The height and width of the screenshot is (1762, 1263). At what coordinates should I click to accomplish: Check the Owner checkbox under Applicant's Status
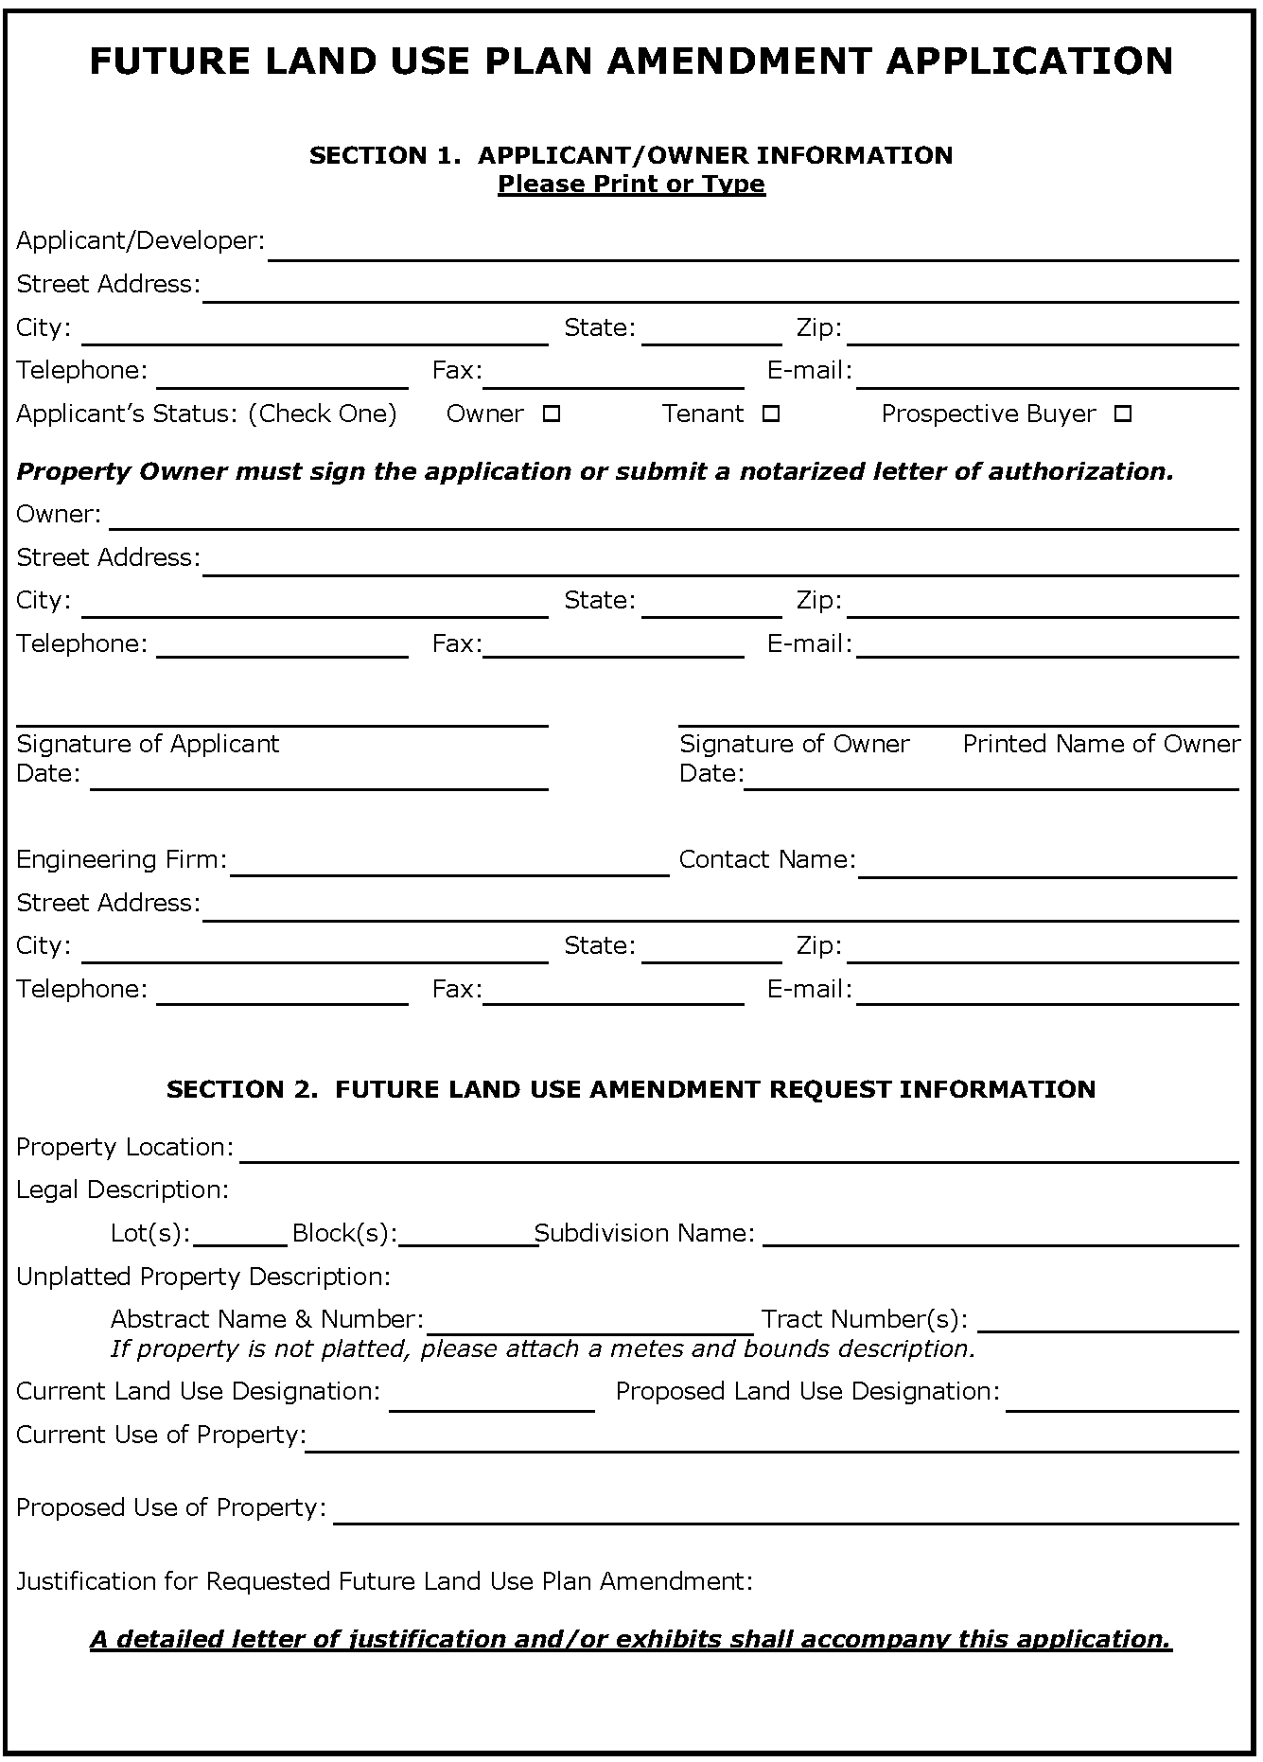(x=552, y=414)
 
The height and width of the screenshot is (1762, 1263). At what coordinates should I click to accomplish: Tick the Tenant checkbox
(x=771, y=414)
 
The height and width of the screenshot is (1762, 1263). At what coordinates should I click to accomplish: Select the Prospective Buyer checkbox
(x=1123, y=414)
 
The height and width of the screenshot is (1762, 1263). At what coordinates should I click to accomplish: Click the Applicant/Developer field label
(x=140, y=240)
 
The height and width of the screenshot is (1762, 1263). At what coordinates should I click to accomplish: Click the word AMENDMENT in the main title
(x=738, y=62)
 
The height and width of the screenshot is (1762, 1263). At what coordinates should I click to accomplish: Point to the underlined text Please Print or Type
(x=631, y=184)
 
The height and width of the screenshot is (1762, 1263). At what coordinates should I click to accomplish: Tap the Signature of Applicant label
(x=148, y=744)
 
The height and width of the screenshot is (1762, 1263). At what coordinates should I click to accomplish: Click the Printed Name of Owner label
(x=1101, y=744)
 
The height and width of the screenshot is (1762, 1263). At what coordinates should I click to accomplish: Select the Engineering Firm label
(x=121, y=859)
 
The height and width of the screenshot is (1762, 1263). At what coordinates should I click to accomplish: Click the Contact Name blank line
(x=1047, y=869)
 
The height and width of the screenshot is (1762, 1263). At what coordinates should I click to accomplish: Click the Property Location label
(x=124, y=1147)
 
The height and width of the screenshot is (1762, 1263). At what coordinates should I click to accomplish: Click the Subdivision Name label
(x=645, y=1233)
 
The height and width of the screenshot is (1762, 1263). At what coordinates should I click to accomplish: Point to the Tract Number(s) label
(x=865, y=1319)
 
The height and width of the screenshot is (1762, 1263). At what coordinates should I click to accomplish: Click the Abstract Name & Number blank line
(x=589, y=1324)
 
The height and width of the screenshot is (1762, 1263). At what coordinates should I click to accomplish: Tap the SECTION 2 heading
(x=631, y=1089)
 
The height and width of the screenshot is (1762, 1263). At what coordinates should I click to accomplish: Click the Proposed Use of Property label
(x=171, y=1507)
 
